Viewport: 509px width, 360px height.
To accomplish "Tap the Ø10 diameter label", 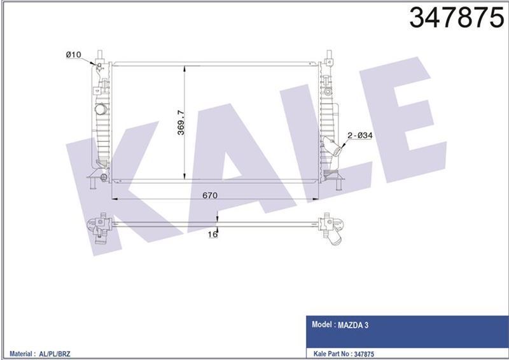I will point(74,55).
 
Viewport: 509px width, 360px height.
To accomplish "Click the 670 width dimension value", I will point(211,195).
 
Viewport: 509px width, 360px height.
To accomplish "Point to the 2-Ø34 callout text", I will point(359,135).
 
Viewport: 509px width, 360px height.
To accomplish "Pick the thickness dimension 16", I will point(213,235).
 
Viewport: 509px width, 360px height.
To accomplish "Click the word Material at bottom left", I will point(23,352).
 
